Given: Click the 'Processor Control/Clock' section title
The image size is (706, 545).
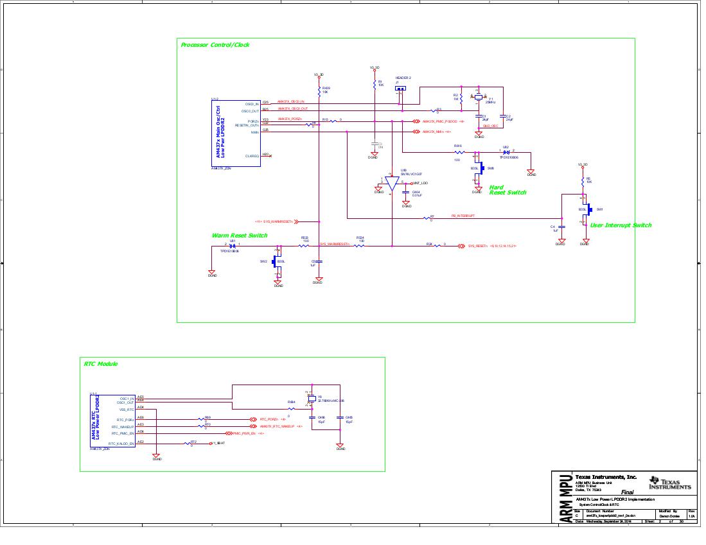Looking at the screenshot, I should coord(215,45).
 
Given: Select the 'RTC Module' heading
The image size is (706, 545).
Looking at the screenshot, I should coord(101,364).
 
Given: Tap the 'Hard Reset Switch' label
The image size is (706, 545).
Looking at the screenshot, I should coord(507,190).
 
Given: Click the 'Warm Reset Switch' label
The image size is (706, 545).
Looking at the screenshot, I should coord(239,236).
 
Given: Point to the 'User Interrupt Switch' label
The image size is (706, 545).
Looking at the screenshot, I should coord(620,225).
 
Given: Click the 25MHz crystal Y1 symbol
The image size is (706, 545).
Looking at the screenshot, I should coord(479,98).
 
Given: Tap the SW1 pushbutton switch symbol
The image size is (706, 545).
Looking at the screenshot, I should coord(585,211).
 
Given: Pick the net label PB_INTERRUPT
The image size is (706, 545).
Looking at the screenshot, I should coord(463,216).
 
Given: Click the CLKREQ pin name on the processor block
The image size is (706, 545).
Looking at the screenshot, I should coord(251,155).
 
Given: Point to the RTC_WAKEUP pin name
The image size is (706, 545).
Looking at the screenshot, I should coord(123,426).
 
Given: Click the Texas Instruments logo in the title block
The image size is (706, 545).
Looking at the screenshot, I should coord(670,483).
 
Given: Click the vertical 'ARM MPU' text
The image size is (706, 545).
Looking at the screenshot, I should coord(565,499).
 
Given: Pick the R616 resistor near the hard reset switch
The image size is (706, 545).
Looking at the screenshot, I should coord(458,152).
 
